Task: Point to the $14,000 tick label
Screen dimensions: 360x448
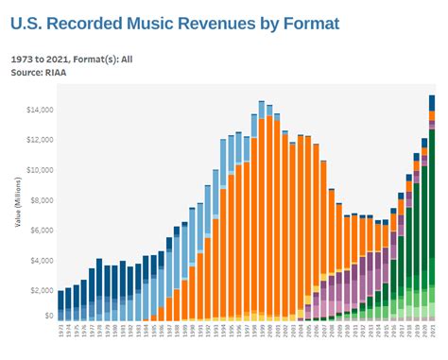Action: tap(39, 110)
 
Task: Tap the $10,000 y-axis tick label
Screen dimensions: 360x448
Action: tap(39, 170)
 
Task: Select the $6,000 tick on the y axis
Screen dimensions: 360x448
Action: tap(41, 231)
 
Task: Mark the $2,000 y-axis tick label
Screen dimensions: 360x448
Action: tap(41, 291)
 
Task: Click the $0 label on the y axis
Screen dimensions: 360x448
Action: tap(47, 317)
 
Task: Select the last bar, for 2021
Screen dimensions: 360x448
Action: tap(432, 208)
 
